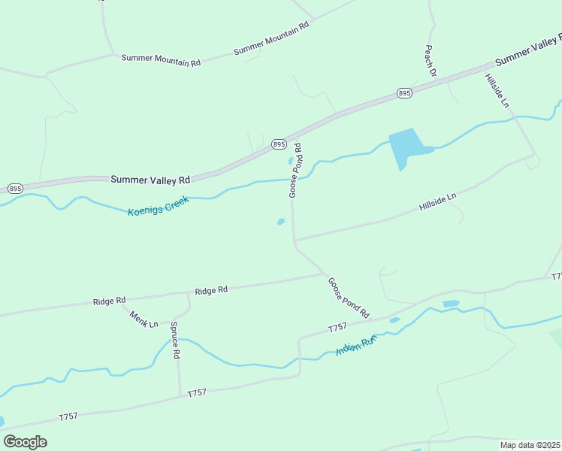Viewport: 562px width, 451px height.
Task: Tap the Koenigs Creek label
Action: [x=159, y=205]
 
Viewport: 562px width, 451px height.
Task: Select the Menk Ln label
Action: [x=144, y=319]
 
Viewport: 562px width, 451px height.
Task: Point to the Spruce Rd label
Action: [x=175, y=340]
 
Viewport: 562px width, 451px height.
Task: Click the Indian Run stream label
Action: [x=355, y=347]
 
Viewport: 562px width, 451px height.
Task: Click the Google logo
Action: [x=25, y=442]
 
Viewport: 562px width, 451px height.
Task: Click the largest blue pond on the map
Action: [x=406, y=147]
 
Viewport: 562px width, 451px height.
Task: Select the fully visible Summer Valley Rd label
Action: [x=150, y=180]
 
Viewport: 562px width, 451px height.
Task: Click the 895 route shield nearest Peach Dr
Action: [x=404, y=93]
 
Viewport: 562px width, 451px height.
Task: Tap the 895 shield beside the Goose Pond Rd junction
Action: [x=279, y=144]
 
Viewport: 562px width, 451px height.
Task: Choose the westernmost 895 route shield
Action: [x=14, y=188]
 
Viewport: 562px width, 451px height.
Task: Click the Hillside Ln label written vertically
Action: [x=497, y=91]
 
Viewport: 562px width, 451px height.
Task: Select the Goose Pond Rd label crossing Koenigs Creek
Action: [x=295, y=171]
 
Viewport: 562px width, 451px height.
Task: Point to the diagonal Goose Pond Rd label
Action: [x=349, y=297]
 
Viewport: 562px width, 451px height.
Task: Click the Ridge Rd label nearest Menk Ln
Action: [x=109, y=301]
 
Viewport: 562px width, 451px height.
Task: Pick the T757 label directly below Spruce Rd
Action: [x=197, y=393]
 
